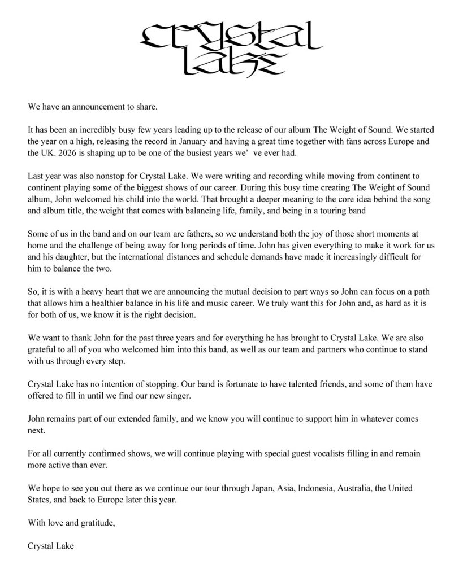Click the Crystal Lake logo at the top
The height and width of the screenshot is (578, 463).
[231, 49]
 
